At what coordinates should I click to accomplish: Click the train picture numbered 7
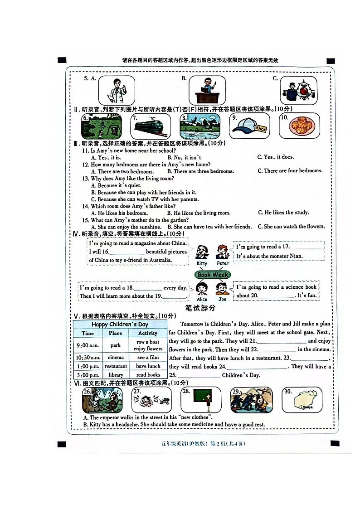coord(151,126)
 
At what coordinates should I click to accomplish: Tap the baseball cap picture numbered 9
coord(250,126)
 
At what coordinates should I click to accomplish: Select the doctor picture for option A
coord(117,90)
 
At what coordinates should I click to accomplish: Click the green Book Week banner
coord(213,275)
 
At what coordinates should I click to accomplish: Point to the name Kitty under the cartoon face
coord(202,263)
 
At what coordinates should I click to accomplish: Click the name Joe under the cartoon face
coord(222,299)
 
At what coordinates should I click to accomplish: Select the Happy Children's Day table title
coord(120,325)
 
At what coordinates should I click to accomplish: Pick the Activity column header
coord(148,333)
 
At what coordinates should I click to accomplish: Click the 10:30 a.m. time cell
coord(88,358)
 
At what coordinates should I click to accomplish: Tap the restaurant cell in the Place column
coord(116,366)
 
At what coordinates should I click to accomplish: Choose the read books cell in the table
coord(148,375)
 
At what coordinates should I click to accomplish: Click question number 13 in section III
coord(86,179)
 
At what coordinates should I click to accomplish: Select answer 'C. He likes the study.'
coord(283,213)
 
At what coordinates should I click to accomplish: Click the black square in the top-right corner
coord(331,61)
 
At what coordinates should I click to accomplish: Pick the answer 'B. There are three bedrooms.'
coord(200,171)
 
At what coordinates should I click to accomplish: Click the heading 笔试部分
coord(200,308)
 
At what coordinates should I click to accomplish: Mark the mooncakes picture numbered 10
coord(299,126)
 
